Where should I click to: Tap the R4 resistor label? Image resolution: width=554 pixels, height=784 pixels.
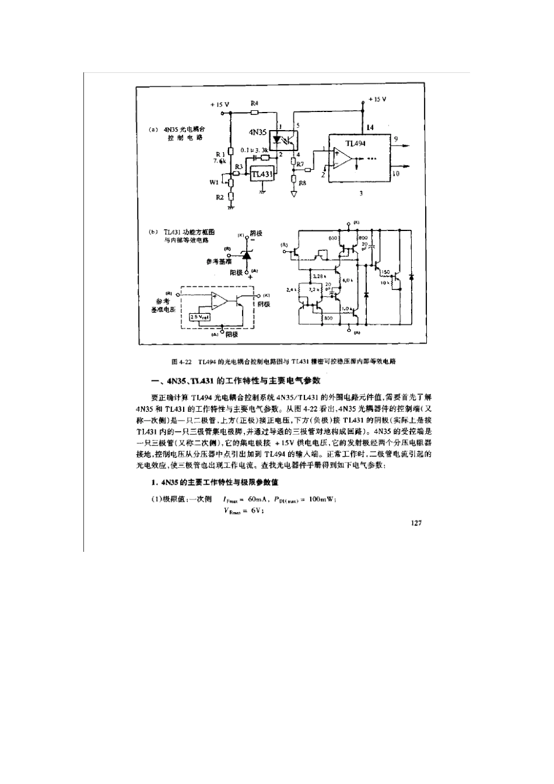coord(254,103)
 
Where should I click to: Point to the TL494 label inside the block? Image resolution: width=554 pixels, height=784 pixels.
coord(355,143)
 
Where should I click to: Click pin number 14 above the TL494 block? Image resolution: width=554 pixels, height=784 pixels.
coord(370,127)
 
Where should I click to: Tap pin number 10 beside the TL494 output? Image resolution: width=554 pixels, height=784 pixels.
coord(396,173)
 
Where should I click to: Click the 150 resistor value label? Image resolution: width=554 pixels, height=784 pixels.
coord(385,272)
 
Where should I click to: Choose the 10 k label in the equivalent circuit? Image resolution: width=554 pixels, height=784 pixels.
coord(384,282)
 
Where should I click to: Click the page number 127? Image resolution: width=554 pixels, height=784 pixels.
coord(415,523)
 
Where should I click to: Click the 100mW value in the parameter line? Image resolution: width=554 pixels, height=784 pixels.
coord(323,499)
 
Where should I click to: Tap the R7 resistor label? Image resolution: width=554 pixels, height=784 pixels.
coord(300,164)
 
